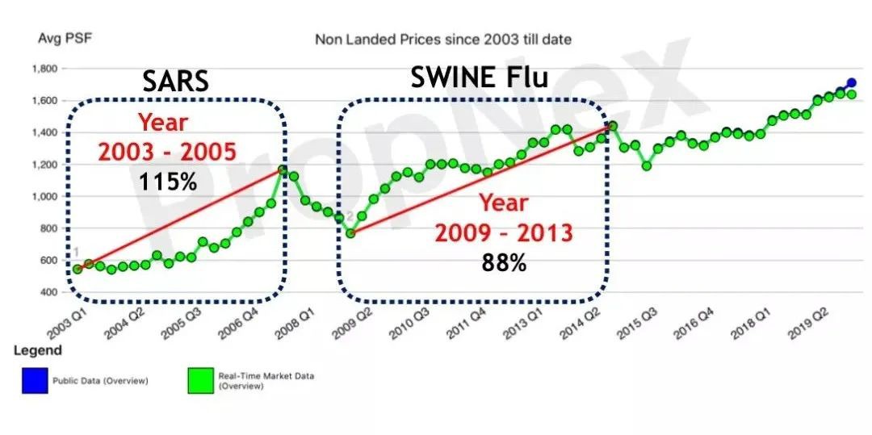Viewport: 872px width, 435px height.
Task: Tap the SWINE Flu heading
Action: click(480, 77)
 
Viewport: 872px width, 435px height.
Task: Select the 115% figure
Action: click(168, 181)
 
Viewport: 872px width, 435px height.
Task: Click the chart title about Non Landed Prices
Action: click(443, 39)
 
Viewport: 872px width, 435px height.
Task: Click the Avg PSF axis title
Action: click(57, 38)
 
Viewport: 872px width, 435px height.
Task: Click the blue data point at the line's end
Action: click(851, 83)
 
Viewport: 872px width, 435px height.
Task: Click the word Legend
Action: click(36, 352)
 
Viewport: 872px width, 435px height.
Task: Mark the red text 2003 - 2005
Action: click(168, 151)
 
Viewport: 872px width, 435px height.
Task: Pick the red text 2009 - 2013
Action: click(504, 233)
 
